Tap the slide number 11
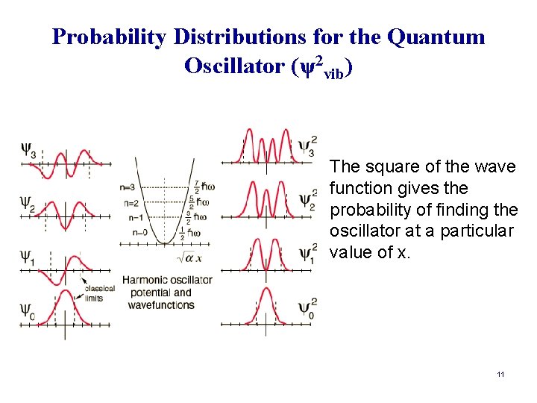point(500,373)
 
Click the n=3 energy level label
point(128,187)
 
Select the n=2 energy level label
point(128,202)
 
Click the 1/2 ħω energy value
point(192,233)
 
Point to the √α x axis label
point(190,257)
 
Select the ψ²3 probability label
point(307,145)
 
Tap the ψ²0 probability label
point(307,307)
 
